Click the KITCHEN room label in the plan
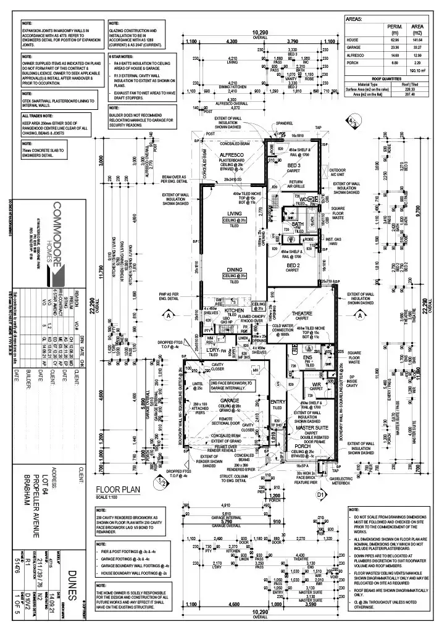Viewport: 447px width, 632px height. (x=235, y=312)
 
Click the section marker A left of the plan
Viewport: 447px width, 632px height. (x=168, y=315)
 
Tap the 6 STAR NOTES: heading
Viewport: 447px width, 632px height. (x=120, y=56)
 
